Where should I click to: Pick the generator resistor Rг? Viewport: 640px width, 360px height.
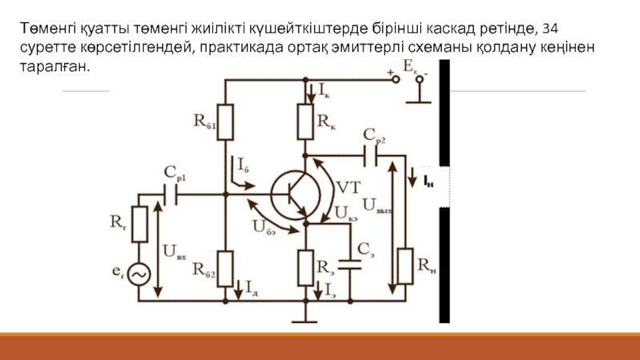click(139, 225)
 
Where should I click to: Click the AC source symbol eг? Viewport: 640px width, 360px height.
click(139, 275)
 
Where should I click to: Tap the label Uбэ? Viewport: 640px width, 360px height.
click(264, 226)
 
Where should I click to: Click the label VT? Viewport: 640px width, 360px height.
click(348, 188)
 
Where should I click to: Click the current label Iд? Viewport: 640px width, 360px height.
click(252, 284)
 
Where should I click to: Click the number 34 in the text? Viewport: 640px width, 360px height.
click(550, 29)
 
